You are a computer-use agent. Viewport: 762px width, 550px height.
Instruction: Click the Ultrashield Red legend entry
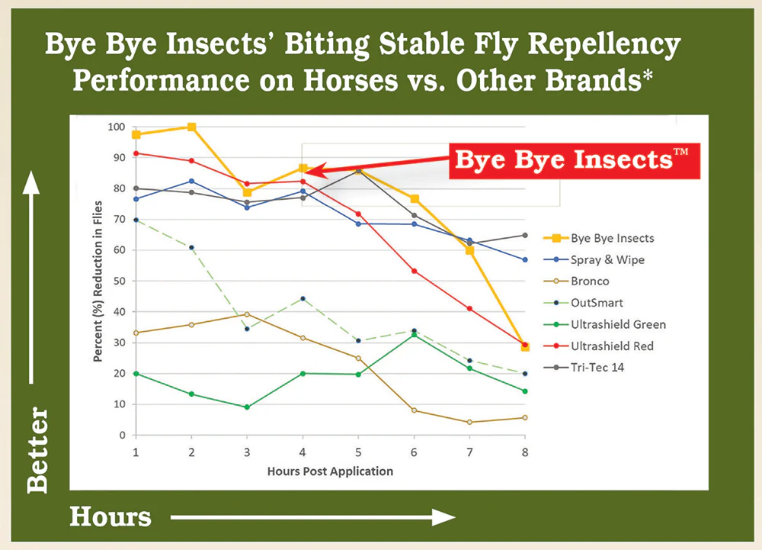click(616, 346)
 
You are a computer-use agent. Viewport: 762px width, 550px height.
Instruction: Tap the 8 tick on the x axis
click(524, 452)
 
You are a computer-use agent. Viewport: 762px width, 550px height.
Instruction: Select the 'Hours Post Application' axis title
click(330, 471)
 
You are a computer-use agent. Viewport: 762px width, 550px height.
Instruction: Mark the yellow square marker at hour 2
click(192, 127)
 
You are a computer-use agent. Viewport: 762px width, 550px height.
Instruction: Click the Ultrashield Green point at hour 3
click(247, 407)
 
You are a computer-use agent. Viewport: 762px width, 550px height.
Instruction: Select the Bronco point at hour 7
click(469, 422)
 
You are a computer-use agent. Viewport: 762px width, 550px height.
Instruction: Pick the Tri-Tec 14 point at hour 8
click(524, 235)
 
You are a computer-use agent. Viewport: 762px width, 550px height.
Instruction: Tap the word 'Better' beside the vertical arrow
click(36, 450)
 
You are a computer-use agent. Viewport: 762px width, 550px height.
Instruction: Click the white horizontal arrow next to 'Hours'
click(312, 517)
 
